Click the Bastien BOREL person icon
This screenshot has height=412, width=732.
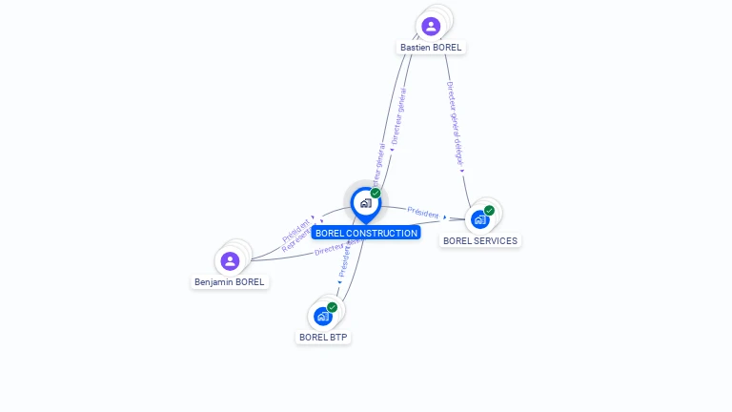431,26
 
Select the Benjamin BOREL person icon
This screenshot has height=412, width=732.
230,260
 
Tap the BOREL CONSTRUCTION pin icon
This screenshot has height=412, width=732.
365,203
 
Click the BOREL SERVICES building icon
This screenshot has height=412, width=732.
480,218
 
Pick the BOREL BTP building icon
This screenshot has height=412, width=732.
323,316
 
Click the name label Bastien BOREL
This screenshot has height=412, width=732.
431,47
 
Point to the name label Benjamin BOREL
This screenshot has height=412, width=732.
230,282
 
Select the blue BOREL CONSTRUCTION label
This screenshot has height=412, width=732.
366,233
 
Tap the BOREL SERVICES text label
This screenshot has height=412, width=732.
480,240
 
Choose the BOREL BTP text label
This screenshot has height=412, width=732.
323,337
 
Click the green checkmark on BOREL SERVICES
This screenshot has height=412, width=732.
489,210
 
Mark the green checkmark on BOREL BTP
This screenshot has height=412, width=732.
332,307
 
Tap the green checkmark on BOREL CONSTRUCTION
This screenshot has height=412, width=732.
376,193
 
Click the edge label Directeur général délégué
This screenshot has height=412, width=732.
455,125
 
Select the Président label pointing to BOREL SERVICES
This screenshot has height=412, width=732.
423,212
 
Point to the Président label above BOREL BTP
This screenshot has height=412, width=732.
346,259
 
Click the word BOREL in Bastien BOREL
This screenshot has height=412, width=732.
446,47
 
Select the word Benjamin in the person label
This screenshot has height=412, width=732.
214,282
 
